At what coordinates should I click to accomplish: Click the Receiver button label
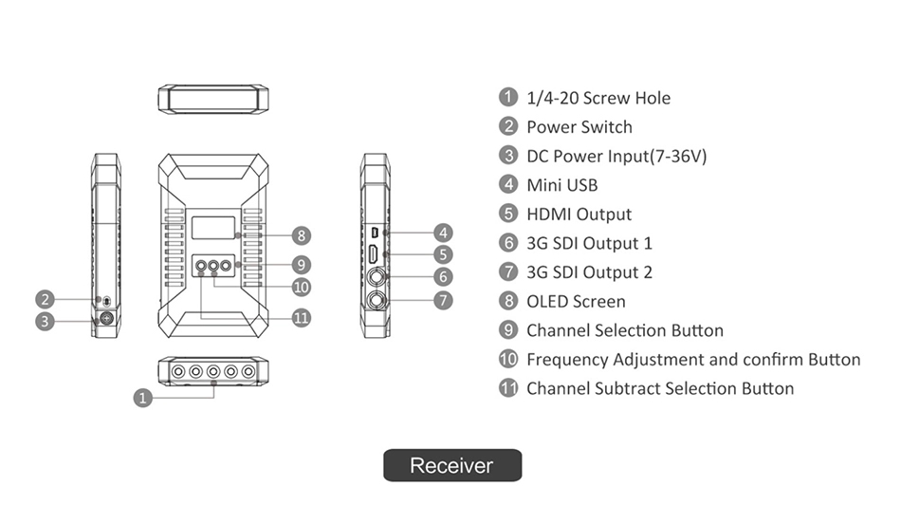pyautogui.click(x=451, y=465)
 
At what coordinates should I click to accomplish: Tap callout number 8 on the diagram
pyautogui.click(x=302, y=234)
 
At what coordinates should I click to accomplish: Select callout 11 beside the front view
pyautogui.click(x=302, y=318)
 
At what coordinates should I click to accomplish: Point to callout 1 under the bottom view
pyautogui.click(x=142, y=398)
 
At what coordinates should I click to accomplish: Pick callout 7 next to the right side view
pyautogui.click(x=442, y=300)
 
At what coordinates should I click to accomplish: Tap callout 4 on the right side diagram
pyautogui.click(x=442, y=233)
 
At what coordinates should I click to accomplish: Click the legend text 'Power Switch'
pyautogui.click(x=579, y=127)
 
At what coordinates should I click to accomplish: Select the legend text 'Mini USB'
pyautogui.click(x=561, y=185)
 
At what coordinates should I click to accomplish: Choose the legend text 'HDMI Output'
pyautogui.click(x=579, y=215)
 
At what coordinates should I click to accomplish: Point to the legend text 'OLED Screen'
pyautogui.click(x=576, y=302)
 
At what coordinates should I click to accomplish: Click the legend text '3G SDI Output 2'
pyautogui.click(x=589, y=272)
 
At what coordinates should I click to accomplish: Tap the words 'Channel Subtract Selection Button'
pyautogui.click(x=660, y=388)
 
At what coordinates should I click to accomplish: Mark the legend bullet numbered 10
pyautogui.click(x=508, y=359)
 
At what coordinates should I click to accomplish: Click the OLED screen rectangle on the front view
pyautogui.click(x=212, y=228)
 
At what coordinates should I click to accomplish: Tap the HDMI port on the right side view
pyautogui.click(x=376, y=254)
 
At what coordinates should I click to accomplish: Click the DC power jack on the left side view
pyautogui.click(x=106, y=319)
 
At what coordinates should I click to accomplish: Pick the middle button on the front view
pyautogui.click(x=213, y=267)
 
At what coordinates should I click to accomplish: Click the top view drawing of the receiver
pyautogui.click(x=212, y=100)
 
